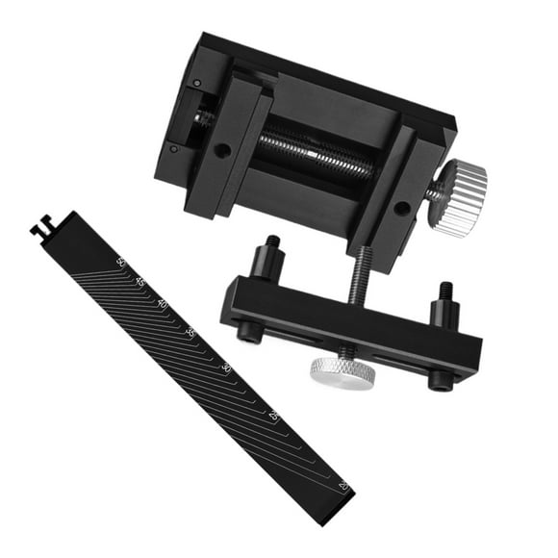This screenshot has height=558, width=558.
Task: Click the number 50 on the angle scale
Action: coord(121,261)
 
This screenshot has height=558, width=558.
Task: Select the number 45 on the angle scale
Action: coord(140,282)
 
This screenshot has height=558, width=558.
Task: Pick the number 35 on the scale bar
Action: coord(190,333)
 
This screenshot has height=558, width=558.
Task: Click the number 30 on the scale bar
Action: coord(226,368)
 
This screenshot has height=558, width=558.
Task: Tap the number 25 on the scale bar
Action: coord(274,416)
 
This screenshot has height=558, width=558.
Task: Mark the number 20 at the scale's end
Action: coord(343,485)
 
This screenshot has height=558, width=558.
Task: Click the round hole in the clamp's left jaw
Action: coord(222,151)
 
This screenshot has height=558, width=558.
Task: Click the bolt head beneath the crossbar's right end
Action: coord(439,381)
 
